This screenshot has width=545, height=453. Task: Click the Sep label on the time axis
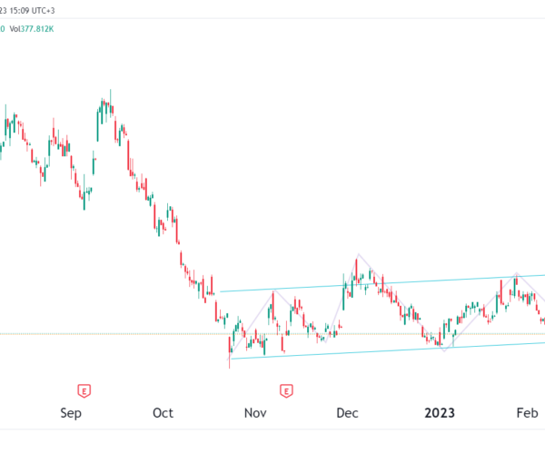point(71,413)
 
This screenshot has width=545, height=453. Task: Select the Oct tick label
point(163,413)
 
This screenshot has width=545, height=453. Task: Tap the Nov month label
point(255,413)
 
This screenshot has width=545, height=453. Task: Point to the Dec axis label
point(347,413)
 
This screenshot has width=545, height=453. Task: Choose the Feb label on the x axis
point(527,413)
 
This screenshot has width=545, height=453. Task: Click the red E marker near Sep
point(84,390)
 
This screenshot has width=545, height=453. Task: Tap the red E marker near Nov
point(286,390)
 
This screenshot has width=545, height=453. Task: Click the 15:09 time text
point(25,12)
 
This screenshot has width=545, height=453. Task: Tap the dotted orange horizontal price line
point(136,333)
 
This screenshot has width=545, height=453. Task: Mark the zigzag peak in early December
point(359,254)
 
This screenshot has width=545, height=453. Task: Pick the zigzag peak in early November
point(273,291)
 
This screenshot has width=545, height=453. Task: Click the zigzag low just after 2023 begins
point(442,350)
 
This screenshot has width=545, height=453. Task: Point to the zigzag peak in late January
point(516,272)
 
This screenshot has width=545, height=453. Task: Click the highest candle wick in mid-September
point(110,91)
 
